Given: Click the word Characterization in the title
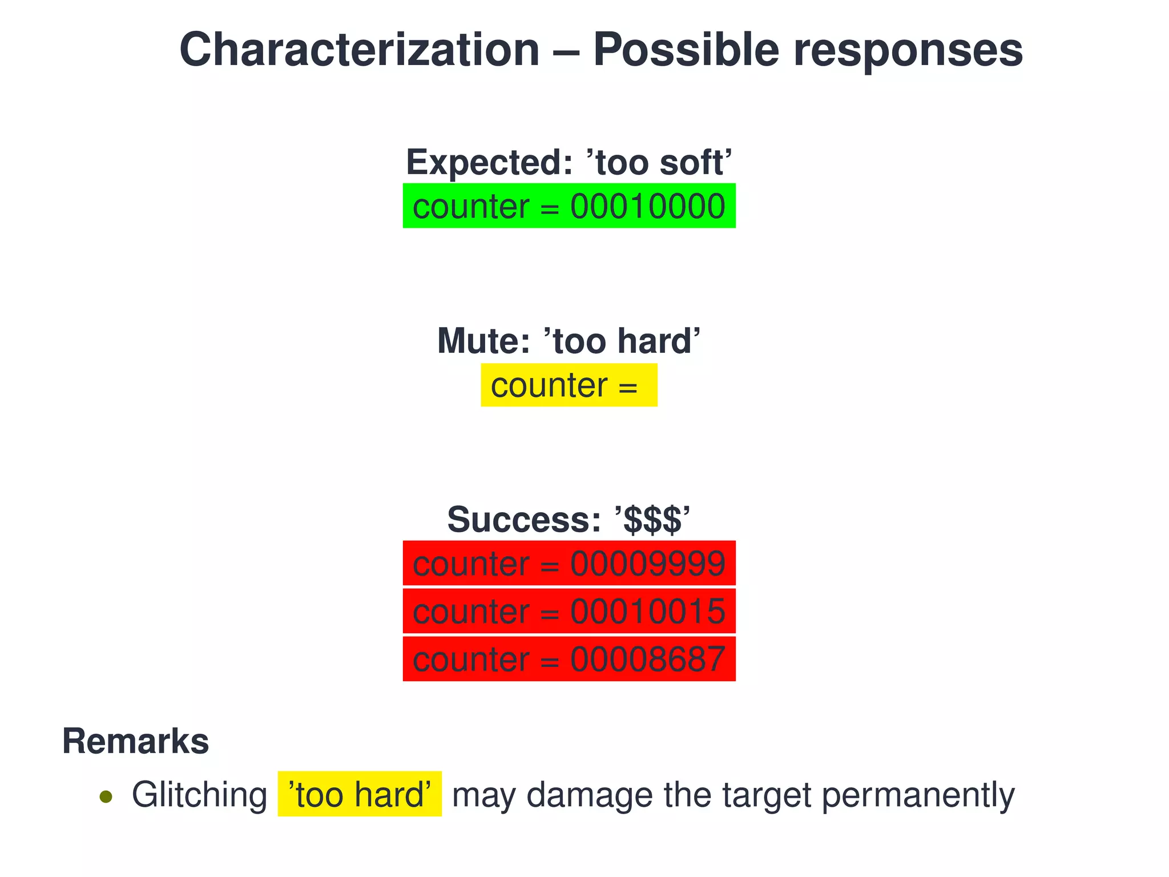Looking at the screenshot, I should (x=360, y=50).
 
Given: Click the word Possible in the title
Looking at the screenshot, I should (x=686, y=50).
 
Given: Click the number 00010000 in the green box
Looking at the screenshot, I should (x=647, y=207).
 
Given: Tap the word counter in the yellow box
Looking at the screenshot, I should (x=549, y=385).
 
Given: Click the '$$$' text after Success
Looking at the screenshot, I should (x=652, y=520).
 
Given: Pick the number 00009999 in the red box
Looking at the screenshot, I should (x=647, y=564).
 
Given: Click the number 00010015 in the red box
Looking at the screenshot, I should (x=647, y=612).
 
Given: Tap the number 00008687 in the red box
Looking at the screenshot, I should (x=647, y=659).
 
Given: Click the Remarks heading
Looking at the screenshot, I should (x=135, y=741).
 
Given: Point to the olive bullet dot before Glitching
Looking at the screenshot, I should (x=106, y=796).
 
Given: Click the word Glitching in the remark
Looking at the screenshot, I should (x=199, y=795).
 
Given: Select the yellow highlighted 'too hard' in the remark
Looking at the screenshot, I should (x=360, y=794).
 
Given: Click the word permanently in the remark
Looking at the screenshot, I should (x=918, y=795).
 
